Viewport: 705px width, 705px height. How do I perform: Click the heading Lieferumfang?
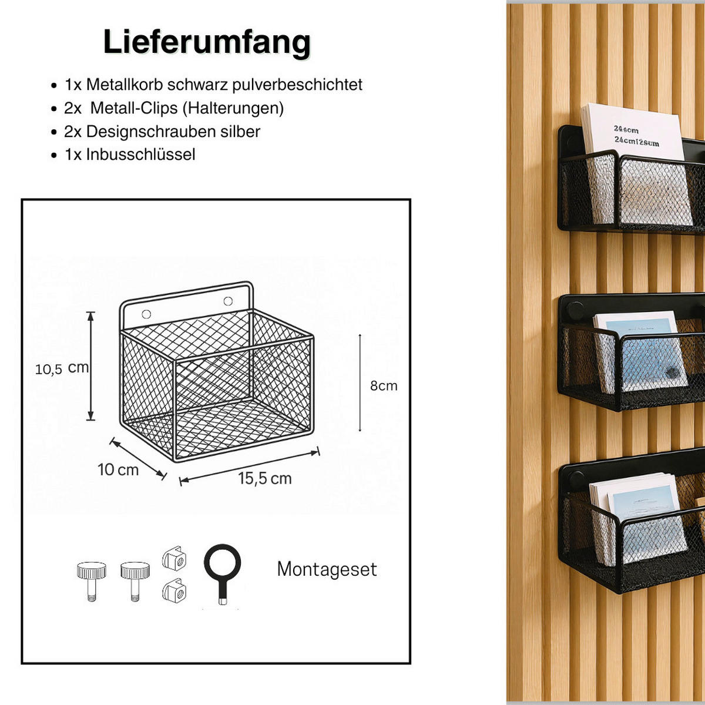207,42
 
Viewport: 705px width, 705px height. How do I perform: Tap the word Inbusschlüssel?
140,155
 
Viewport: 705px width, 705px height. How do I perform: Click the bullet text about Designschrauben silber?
173,132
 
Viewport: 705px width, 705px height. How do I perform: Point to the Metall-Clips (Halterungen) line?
186,108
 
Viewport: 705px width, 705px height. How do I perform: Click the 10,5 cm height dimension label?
62,368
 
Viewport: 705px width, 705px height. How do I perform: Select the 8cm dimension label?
383,386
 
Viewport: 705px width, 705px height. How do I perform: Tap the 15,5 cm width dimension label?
264,479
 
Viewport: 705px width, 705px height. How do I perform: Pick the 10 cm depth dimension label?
118,470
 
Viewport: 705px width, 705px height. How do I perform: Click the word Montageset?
327,569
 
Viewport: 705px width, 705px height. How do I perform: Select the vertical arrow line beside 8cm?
360,383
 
